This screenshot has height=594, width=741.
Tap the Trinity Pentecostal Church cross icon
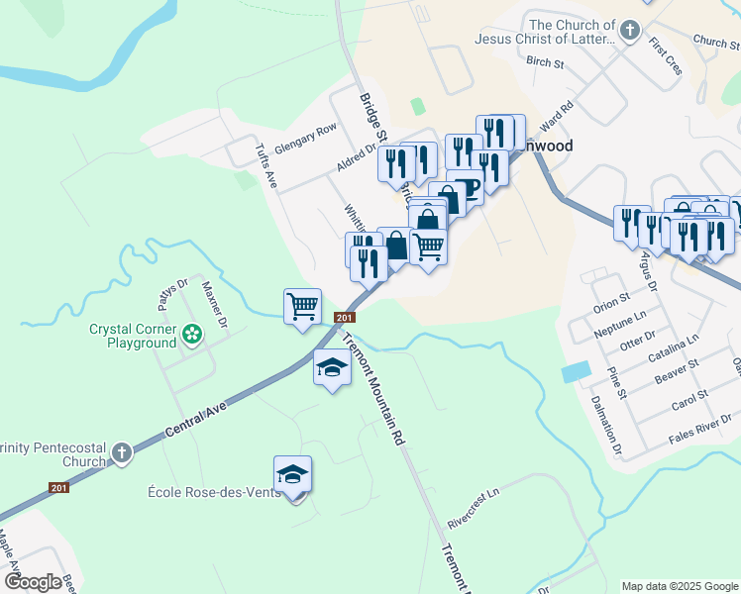[x=121, y=452]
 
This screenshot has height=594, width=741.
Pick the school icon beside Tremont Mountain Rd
[x=332, y=369]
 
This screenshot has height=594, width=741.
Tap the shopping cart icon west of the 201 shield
[x=302, y=305]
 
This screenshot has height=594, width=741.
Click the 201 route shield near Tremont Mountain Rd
[x=345, y=318]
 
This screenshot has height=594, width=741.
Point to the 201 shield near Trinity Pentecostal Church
[x=59, y=487]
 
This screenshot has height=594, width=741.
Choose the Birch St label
[x=545, y=61]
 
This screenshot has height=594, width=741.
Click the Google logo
[x=33, y=582]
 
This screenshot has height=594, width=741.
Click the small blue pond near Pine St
[x=572, y=373]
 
